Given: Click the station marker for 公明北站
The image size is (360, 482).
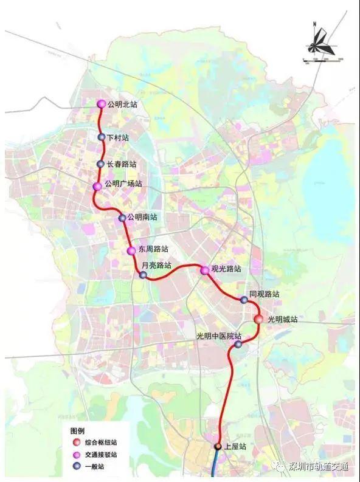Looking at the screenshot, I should (102, 105).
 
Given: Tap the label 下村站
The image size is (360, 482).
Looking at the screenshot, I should (117, 138).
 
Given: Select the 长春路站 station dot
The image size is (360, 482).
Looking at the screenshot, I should (101, 164).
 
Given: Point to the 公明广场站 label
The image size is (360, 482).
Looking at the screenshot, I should (123, 184).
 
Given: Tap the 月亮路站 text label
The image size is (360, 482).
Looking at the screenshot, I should (156, 266).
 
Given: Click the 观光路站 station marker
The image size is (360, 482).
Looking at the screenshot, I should (204, 270).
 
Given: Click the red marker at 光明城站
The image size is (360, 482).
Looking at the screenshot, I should (258, 319).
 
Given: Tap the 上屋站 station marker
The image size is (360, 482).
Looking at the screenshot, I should (218, 447).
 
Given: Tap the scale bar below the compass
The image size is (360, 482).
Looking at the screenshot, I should (323, 59).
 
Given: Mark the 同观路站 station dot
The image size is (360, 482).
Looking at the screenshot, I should (244, 300).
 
